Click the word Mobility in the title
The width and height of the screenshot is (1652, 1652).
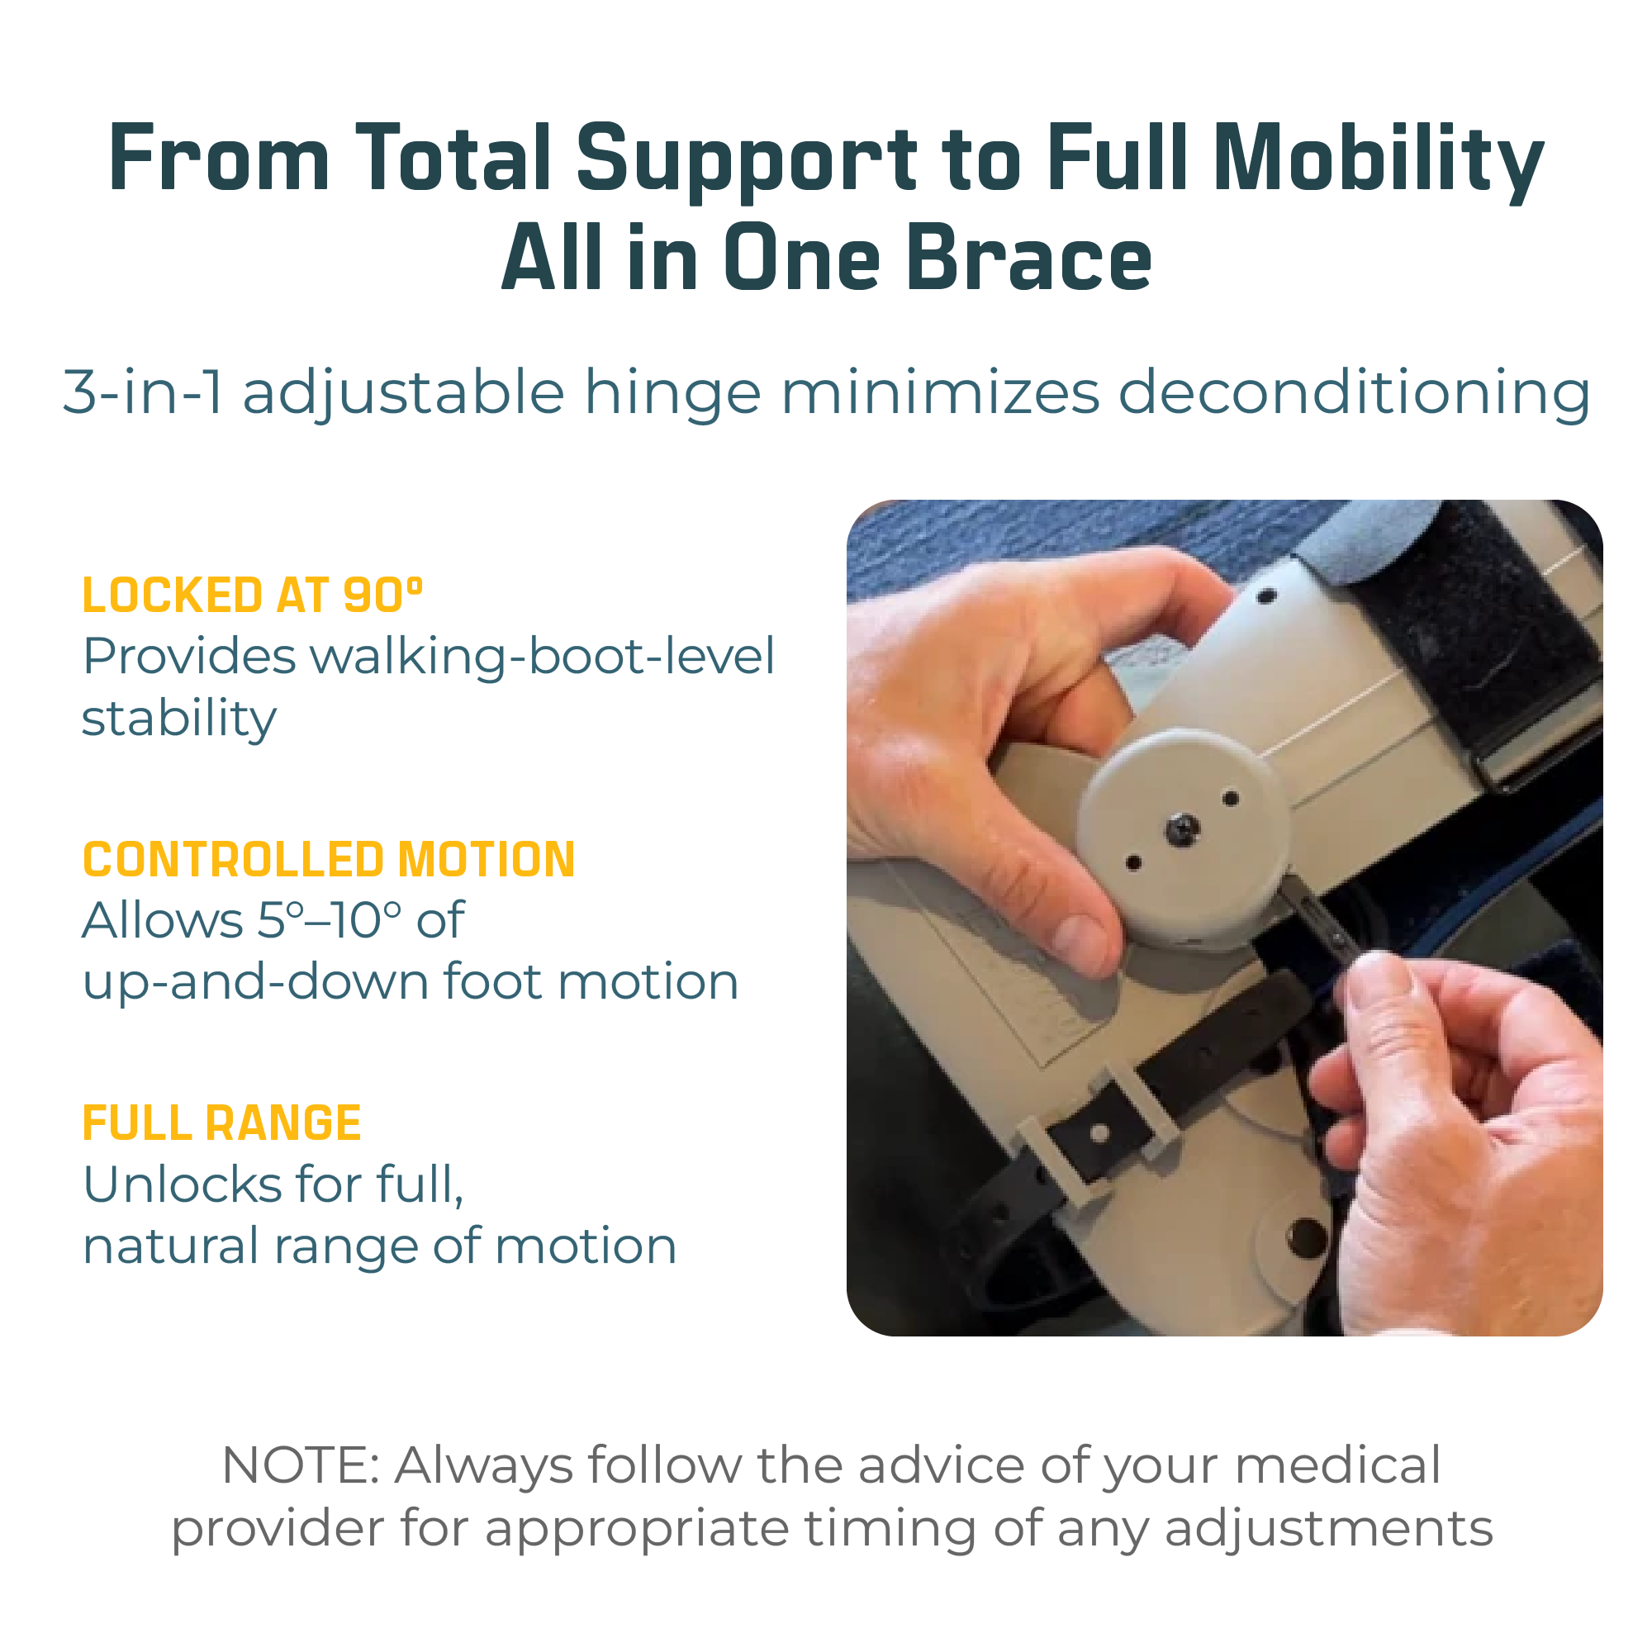[1378, 160]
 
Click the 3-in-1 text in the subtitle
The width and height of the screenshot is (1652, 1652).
[144, 392]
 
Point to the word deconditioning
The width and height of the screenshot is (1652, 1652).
[1354, 392]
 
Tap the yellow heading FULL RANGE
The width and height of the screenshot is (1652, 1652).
[221, 1123]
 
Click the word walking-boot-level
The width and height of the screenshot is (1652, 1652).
[542, 658]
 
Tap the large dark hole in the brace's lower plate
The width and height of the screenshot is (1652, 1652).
[1307, 1236]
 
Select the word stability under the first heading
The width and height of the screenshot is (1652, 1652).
[178, 719]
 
